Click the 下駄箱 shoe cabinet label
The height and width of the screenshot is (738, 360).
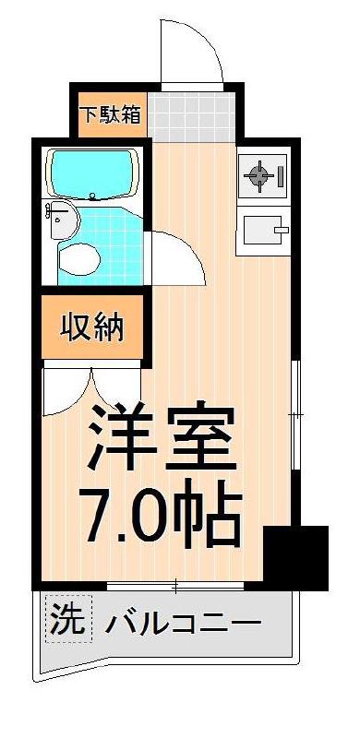(x=109, y=115)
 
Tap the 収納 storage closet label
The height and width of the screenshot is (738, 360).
(x=93, y=327)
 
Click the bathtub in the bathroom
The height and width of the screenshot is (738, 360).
(x=93, y=171)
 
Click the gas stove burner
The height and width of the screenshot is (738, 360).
(x=260, y=173)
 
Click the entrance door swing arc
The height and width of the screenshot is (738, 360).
(x=192, y=51)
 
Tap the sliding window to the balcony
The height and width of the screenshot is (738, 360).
(x=175, y=585)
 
